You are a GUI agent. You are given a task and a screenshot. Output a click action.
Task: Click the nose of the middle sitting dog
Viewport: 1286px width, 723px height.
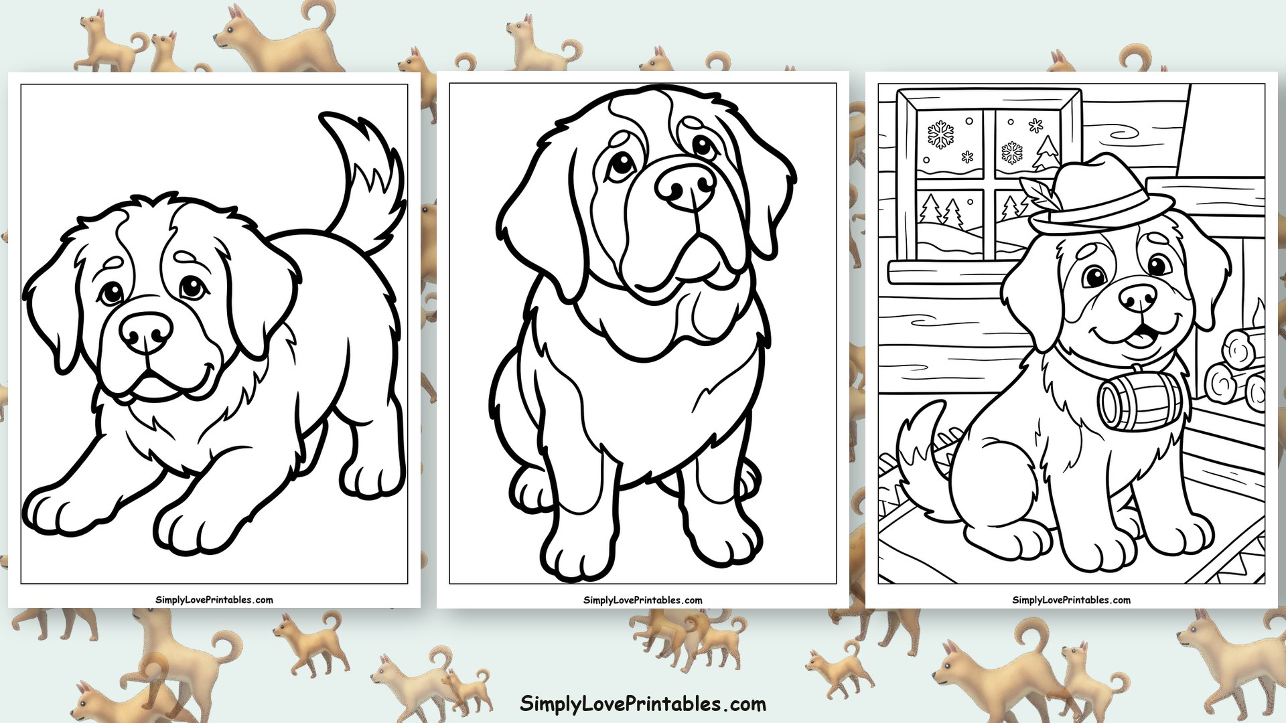[685, 185]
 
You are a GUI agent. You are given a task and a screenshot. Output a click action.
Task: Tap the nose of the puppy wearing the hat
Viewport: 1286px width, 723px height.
[1137, 297]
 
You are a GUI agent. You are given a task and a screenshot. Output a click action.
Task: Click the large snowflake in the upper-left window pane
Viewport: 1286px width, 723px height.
[940, 135]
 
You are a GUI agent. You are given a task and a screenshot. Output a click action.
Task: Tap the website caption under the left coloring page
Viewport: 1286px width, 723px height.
[214, 600]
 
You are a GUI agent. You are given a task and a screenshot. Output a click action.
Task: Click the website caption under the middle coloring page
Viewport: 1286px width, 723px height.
[643, 600]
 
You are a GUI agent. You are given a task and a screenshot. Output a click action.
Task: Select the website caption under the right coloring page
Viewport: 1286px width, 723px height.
[1071, 600]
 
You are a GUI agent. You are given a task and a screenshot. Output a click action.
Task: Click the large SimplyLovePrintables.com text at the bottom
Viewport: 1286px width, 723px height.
[643, 704]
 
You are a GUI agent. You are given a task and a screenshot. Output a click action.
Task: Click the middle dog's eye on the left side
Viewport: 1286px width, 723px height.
[621, 163]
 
